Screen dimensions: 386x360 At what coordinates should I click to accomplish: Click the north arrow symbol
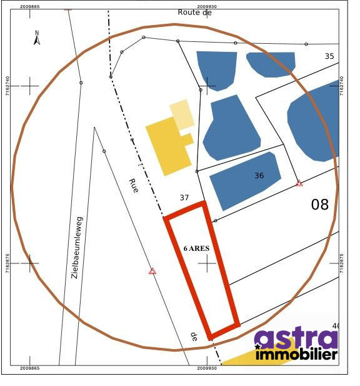(x=37, y=38)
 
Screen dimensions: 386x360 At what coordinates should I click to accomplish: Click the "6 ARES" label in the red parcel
(x=196, y=248)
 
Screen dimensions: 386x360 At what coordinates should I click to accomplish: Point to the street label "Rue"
(x=134, y=185)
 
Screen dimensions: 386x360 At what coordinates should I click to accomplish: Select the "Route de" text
(x=195, y=12)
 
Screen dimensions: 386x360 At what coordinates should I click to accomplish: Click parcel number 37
(x=184, y=198)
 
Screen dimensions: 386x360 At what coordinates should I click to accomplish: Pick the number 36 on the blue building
(x=259, y=176)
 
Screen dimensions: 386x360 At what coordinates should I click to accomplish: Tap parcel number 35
(x=329, y=56)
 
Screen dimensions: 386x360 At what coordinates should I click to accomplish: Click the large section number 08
(x=319, y=205)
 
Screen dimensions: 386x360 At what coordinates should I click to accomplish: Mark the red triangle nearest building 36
(x=299, y=183)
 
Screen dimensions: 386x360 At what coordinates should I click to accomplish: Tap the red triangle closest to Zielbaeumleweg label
(x=152, y=271)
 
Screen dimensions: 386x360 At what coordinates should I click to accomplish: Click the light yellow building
(x=182, y=114)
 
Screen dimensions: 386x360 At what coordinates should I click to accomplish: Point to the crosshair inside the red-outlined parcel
(x=207, y=263)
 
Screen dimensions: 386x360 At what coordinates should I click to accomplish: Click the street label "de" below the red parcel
(x=194, y=336)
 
